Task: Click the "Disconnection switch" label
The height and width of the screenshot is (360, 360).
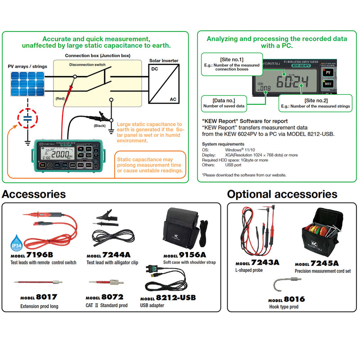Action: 87,65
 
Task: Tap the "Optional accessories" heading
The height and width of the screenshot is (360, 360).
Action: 282,194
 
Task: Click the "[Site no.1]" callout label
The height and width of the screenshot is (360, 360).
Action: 232,59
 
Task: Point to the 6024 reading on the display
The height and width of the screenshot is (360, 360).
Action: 292,82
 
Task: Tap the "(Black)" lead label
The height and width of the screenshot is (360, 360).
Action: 99,126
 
